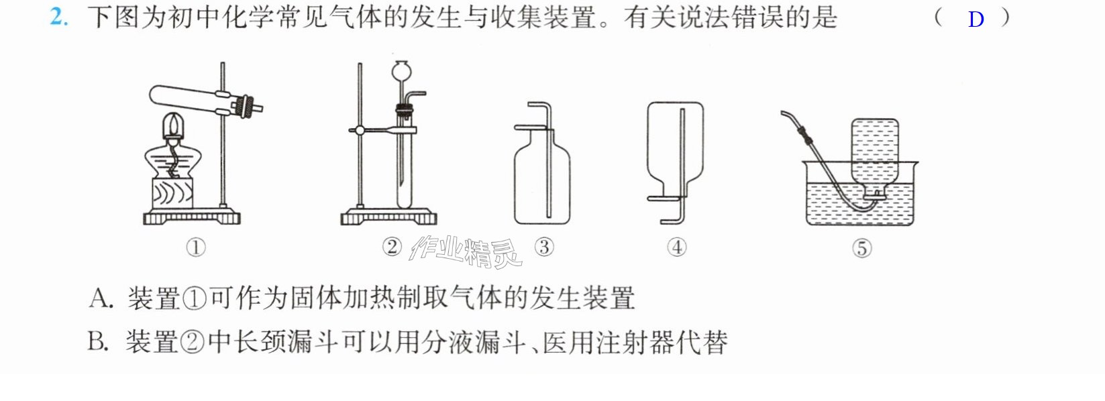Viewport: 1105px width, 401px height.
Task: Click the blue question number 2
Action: click(x=58, y=17)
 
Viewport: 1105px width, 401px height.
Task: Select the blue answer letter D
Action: click(x=976, y=19)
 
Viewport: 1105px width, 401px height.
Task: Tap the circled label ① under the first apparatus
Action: click(x=196, y=247)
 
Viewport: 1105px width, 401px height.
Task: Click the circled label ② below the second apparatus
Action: click(x=392, y=247)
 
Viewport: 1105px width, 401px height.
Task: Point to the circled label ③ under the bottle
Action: click(x=544, y=247)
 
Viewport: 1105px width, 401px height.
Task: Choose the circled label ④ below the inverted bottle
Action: click(x=677, y=247)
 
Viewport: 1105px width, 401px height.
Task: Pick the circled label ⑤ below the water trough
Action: click(x=862, y=248)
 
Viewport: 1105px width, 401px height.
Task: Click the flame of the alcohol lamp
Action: click(x=172, y=123)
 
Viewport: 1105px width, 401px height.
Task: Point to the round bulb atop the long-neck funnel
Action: click(x=402, y=70)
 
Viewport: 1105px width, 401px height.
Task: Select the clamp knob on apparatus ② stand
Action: click(x=360, y=131)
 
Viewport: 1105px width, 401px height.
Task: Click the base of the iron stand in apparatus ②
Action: click(x=388, y=217)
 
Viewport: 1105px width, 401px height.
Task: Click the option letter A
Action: click(x=101, y=298)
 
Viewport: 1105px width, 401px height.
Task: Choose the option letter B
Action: click(x=98, y=341)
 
